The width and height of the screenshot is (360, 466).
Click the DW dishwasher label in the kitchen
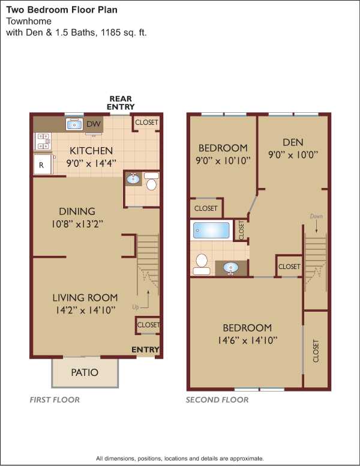pyautogui.click(x=94, y=124)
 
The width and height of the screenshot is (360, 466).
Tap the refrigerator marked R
pyautogui.click(x=43, y=165)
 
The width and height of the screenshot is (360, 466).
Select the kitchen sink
pyautogui.click(x=74, y=124)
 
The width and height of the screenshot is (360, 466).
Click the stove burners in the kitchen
pyautogui.click(x=43, y=142)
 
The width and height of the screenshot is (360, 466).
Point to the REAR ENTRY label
pyautogui.click(x=121, y=103)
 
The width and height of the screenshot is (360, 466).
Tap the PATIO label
pyautogui.click(x=85, y=372)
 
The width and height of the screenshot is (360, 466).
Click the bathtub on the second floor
pyautogui.click(x=211, y=230)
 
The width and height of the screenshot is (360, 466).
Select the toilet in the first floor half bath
pyautogui.click(x=151, y=181)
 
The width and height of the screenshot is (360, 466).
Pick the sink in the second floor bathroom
pyautogui.click(x=230, y=268)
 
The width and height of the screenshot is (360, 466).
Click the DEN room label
pyautogui.click(x=293, y=142)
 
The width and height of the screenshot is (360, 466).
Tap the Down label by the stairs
pyautogui.click(x=316, y=216)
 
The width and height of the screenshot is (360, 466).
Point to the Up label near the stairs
pyautogui.click(x=136, y=307)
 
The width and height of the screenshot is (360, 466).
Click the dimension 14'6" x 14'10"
pyautogui.click(x=247, y=340)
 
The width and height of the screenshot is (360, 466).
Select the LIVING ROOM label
pyautogui.click(x=85, y=298)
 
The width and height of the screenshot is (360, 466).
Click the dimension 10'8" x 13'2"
pyautogui.click(x=77, y=224)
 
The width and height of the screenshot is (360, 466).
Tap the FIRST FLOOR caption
pyautogui.click(x=55, y=400)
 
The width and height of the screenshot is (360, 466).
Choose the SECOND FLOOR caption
pyautogui.click(x=217, y=400)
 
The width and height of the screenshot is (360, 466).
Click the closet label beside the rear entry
pyautogui.click(x=147, y=122)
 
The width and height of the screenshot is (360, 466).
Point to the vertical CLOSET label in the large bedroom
pyautogui.click(x=316, y=351)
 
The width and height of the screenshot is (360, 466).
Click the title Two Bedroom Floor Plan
pyautogui.click(x=62, y=10)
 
